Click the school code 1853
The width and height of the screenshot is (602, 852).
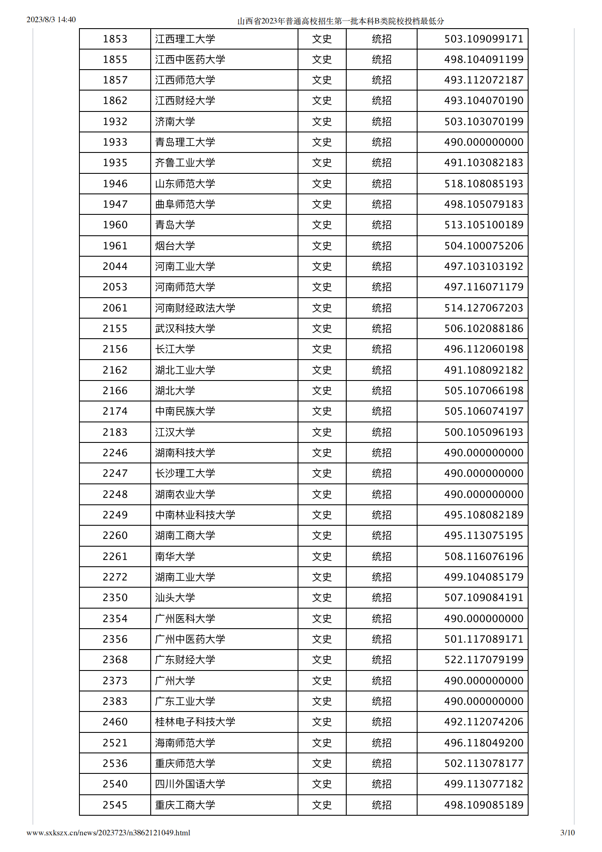point(115,39)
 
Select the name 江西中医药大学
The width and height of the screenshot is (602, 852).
point(190,60)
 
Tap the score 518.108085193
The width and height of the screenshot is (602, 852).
point(483,184)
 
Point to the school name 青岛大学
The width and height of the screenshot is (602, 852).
point(175,225)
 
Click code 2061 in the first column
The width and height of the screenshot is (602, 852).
point(115,308)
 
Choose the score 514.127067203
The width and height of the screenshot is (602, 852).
point(483,308)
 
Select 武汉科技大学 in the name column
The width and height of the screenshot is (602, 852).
point(185,329)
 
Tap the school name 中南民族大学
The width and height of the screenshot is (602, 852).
point(185,412)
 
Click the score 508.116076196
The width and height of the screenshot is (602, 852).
point(483,557)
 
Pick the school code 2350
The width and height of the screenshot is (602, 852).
point(115,598)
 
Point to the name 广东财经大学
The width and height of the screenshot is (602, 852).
point(185,660)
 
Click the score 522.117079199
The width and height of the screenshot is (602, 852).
point(483,660)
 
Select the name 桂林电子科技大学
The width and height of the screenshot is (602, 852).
point(195,722)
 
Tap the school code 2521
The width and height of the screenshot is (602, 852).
point(115,743)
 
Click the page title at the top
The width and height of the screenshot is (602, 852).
point(340,21)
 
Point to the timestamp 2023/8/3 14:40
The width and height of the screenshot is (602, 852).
point(51,20)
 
